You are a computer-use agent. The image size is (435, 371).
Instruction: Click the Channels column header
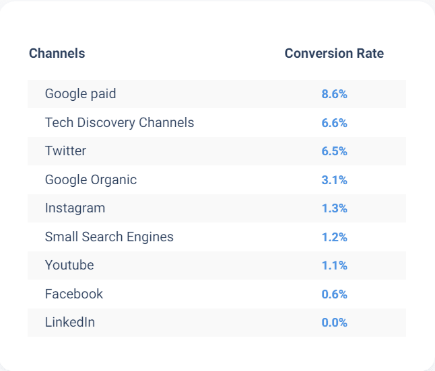57,53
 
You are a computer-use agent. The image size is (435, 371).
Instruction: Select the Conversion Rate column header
334,53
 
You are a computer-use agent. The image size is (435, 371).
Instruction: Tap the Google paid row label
80,94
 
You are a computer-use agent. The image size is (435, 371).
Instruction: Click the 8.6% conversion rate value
334,94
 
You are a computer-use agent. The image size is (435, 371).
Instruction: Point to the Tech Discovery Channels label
119,122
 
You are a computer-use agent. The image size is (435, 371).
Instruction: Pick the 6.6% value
334,123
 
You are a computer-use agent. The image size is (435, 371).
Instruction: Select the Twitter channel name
65,151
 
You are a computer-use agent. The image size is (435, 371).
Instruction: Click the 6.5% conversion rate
334,151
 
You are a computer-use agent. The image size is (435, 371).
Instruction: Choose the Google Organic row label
90,179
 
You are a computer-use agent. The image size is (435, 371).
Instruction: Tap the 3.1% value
334,180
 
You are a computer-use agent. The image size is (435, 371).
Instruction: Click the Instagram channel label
75,208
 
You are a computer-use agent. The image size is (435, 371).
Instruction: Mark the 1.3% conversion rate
334,208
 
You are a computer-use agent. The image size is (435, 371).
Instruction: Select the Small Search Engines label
109,237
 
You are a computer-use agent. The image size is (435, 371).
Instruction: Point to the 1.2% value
334,237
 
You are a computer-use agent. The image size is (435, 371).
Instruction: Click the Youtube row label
69,265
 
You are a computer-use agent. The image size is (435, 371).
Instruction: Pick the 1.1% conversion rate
334,265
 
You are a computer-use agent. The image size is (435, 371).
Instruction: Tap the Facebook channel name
74,294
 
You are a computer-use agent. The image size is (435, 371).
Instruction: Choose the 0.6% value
334,294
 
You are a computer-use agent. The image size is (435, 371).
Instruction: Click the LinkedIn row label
70,323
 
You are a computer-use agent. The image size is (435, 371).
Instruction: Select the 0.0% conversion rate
334,323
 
